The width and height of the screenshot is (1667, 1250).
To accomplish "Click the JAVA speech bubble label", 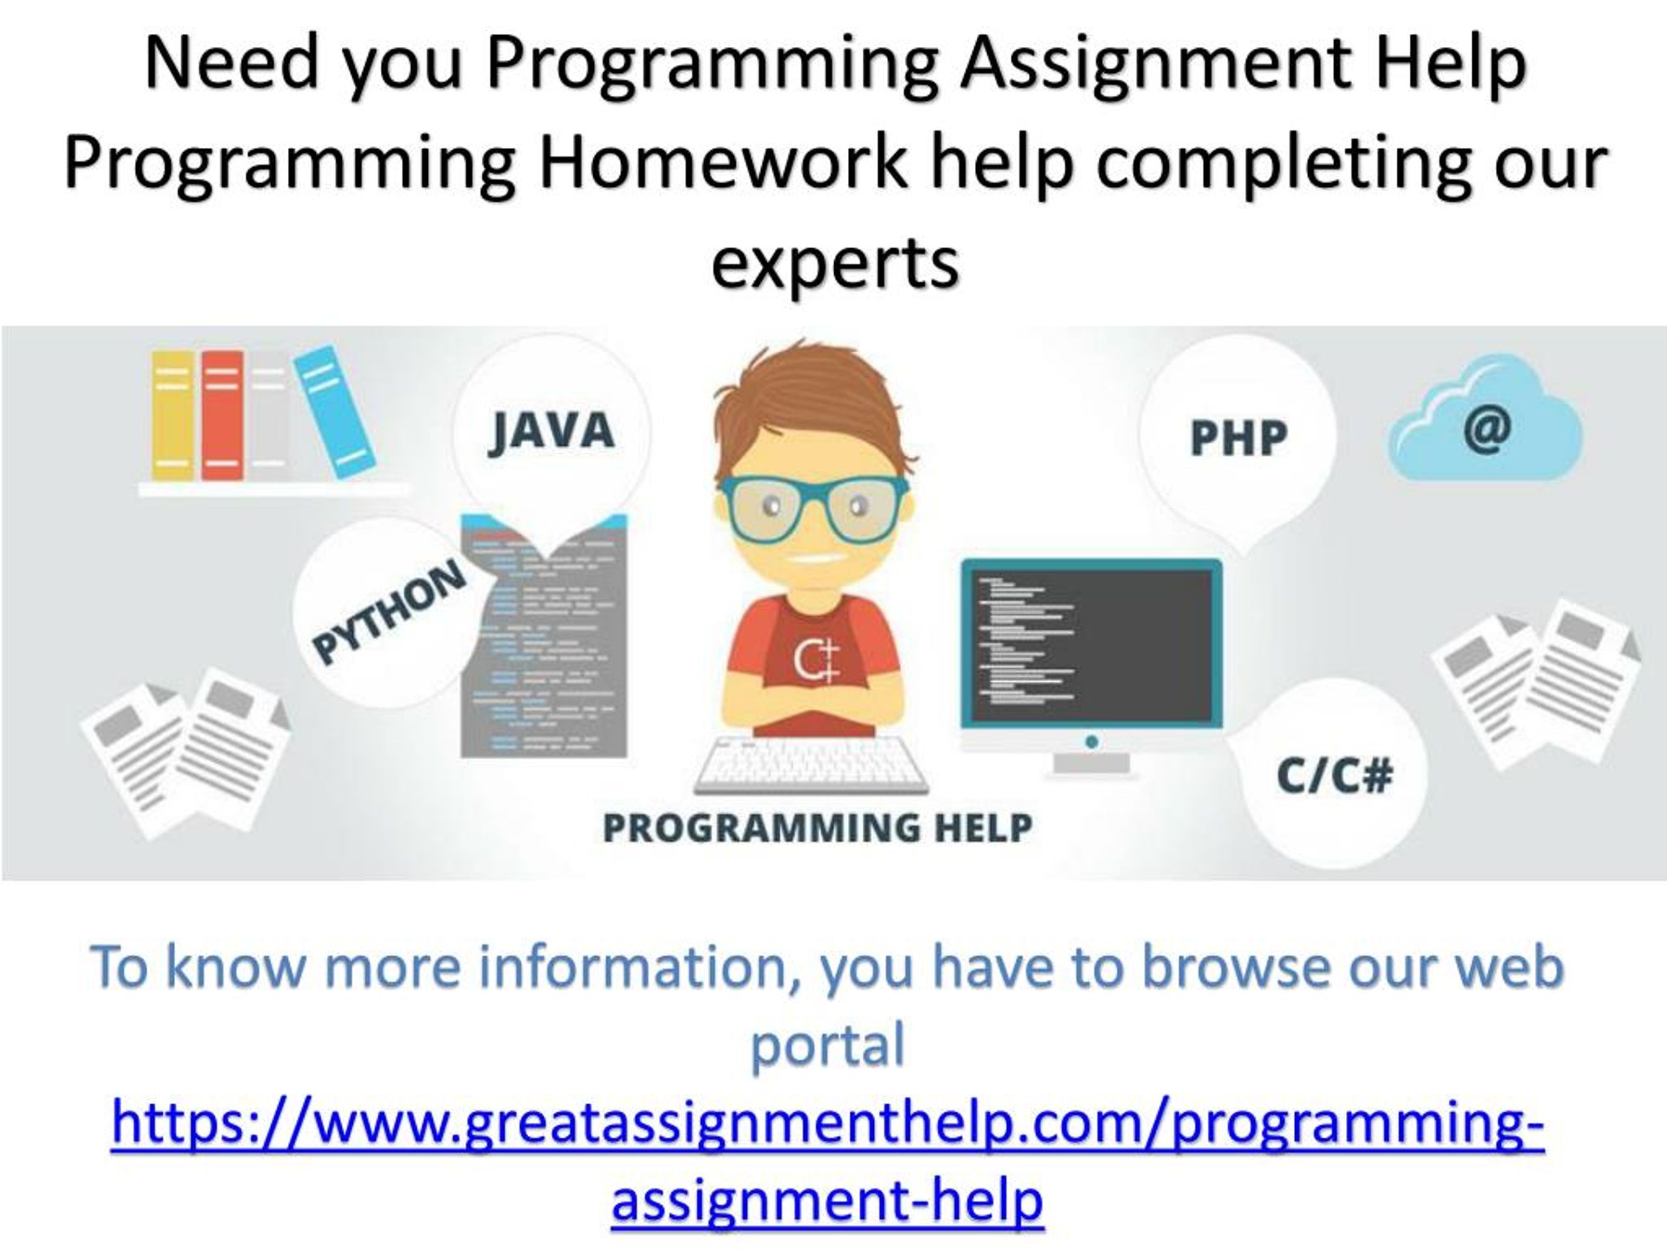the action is tap(552, 431).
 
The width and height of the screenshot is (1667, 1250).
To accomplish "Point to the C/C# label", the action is tap(1335, 775).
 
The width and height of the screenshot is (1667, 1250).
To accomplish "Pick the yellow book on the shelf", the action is tap(173, 415).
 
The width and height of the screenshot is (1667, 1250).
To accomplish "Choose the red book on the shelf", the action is tap(222, 415).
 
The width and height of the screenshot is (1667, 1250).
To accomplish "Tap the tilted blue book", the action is tap(334, 411).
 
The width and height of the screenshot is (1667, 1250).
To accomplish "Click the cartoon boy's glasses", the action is tap(814, 507).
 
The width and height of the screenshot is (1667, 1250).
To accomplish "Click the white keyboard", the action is tap(811, 763).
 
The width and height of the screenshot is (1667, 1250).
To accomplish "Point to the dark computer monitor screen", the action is tap(1091, 645).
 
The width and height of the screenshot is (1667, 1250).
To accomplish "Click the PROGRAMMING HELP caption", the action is tap(818, 827).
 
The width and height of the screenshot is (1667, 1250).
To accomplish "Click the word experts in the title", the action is tap(835, 263).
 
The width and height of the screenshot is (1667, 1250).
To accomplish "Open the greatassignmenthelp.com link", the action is tap(828, 1160).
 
